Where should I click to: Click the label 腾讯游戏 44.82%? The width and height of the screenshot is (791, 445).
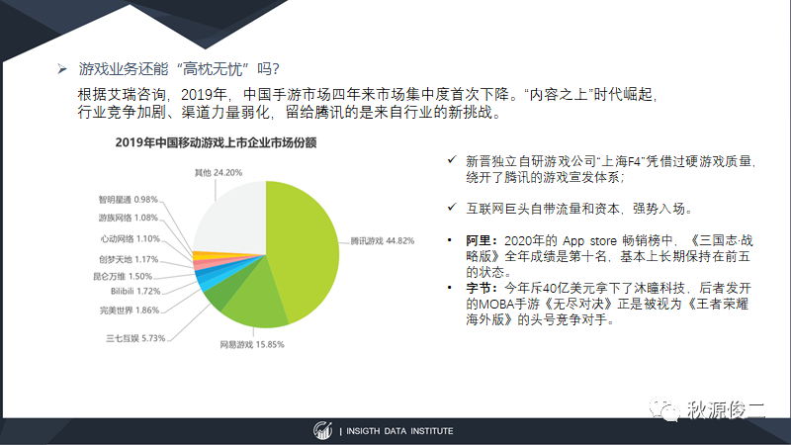click(383, 241)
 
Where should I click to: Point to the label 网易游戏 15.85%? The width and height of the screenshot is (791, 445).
click(252, 344)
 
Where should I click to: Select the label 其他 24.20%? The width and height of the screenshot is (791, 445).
click(219, 172)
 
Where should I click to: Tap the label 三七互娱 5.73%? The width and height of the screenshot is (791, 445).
click(135, 338)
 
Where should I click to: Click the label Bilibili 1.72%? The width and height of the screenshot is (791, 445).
click(135, 291)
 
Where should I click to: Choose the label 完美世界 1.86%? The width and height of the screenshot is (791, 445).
click(130, 311)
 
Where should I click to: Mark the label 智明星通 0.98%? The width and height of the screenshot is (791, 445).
click(129, 200)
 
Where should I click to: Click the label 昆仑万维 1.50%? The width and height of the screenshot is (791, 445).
click(123, 277)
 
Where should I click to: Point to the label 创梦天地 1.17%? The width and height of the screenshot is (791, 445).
click(129, 259)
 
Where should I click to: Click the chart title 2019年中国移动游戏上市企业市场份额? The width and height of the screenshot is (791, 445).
click(216, 142)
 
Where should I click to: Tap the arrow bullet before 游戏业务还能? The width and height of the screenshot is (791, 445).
click(62, 68)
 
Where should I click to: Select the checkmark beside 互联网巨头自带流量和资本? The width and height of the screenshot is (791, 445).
click(452, 207)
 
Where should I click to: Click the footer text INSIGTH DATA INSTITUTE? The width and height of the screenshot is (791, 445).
click(399, 431)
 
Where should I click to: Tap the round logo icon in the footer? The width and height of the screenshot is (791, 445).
click(322, 431)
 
